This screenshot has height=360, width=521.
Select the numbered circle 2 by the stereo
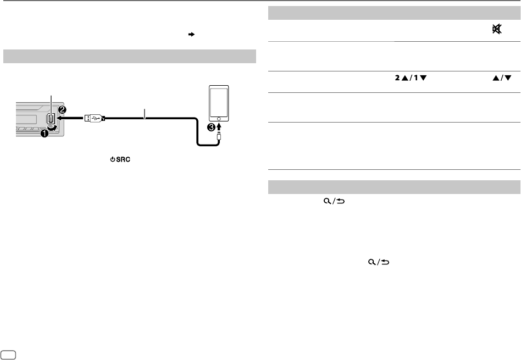(63, 109)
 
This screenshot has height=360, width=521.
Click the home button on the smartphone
(219, 118)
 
